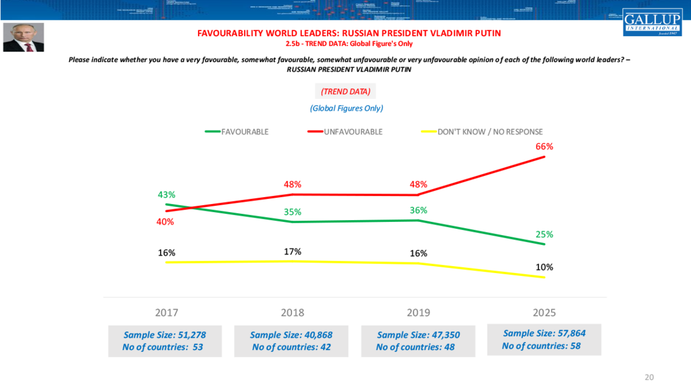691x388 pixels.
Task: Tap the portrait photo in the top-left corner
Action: point(24,37)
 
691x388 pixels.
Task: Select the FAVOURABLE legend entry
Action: point(237,132)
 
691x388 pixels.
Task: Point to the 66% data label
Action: point(545,147)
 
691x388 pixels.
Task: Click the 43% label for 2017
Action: point(166,195)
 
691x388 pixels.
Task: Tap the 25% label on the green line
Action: point(545,234)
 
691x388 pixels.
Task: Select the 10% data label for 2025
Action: point(545,267)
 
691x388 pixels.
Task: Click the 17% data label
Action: point(293,252)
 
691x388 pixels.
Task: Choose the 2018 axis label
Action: point(293,312)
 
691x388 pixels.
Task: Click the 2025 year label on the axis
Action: point(545,312)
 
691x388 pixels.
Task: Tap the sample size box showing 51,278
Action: point(164,341)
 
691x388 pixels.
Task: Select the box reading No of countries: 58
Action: point(544,339)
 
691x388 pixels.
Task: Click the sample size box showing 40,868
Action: point(291,341)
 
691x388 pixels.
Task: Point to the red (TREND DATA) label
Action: point(345,91)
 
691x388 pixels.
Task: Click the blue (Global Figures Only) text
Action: point(346,108)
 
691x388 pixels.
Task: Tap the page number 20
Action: point(649,377)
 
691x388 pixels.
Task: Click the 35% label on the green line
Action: point(293,211)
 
